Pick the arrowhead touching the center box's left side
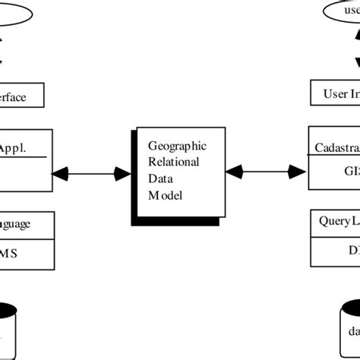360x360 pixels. coord(122,174)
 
